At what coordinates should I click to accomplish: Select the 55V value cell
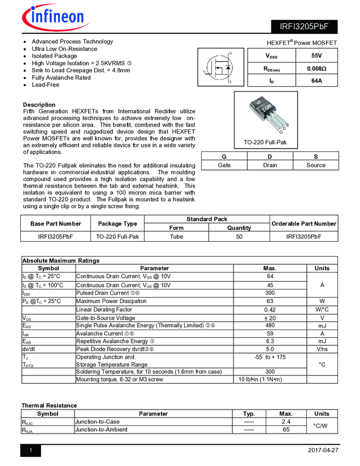tap(316, 56)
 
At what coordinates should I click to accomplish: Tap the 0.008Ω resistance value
tap(316, 69)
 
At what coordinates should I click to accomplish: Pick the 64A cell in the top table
tap(316, 81)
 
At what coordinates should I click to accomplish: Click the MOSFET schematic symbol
tap(220, 68)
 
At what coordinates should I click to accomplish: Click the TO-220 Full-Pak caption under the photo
tap(265, 143)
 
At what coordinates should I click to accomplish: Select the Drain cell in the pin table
tap(270, 165)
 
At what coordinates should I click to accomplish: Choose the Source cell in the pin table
tap(316, 165)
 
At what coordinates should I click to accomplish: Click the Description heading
tap(39, 105)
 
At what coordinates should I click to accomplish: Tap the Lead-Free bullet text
tap(45, 85)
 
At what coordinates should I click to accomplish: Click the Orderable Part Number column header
tap(304, 224)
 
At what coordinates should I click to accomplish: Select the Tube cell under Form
tap(176, 237)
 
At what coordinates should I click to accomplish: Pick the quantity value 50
tap(239, 237)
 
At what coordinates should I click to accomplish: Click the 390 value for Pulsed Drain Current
tap(270, 293)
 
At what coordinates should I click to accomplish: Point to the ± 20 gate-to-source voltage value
tap(270, 318)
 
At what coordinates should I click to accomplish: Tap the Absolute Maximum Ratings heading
tap(61, 260)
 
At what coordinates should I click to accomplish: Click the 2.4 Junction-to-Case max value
tap(285, 422)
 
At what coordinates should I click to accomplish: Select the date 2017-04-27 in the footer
tap(323, 451)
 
